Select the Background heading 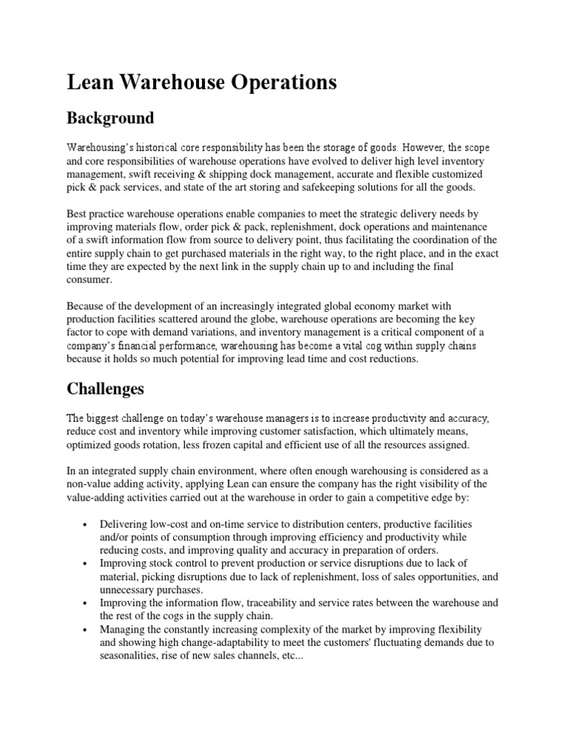[x=111, y=118]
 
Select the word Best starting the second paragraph [x=77, y=214]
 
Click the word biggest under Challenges [x=103, y=419]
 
